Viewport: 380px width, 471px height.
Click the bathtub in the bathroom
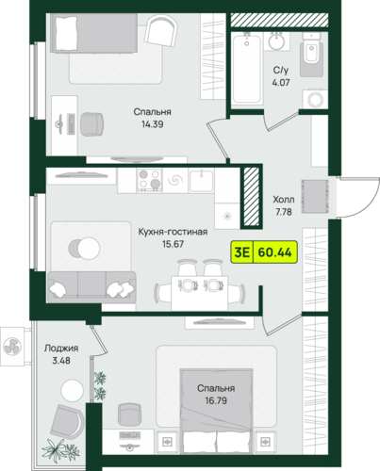pyautogui.click(x=247, y=69)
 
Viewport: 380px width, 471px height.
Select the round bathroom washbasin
pyautogui.click(x=276, y=42)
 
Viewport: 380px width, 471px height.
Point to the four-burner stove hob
pyautogui.click(x=149, y=181)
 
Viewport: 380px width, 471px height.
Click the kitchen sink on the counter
pyautogui.click(x=202, y=181)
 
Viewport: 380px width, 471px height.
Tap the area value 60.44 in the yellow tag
pyautogui.click(x=274, y=252)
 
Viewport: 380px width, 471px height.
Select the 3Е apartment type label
pyautogui.click(x=241, y=252)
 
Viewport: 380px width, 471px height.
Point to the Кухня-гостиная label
pyautogui.click(x=173, y=232)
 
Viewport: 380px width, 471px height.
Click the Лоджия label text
pyautogui.click(x=61, y=349)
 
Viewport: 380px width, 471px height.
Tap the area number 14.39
pyautogui.click(x=153, y=124)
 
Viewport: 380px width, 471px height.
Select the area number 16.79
pyautogui.click(x=216, y=401)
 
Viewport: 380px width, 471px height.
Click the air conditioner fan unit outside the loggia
pyautogui.click(x=12, y=347)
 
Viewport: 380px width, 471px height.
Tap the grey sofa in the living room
pyautogui.click(x=91, y=287)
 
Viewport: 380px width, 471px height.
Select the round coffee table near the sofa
pyautogui.click(x=84, y=249)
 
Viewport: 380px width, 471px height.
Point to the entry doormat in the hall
pyautogui.click(x=315, y=197)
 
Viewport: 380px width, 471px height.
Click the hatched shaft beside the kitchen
pyautogui.click(x=252, y=196)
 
